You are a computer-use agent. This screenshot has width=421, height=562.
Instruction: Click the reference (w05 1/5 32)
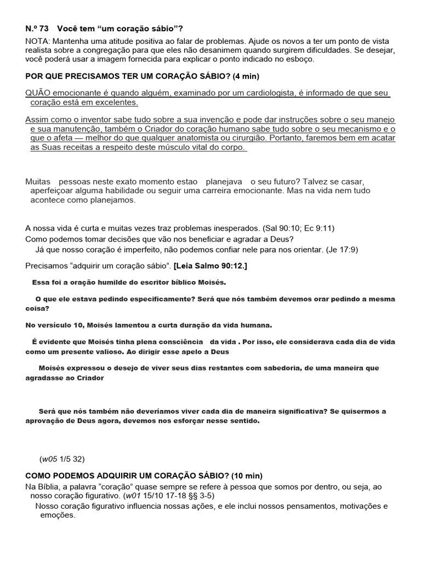62,459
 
